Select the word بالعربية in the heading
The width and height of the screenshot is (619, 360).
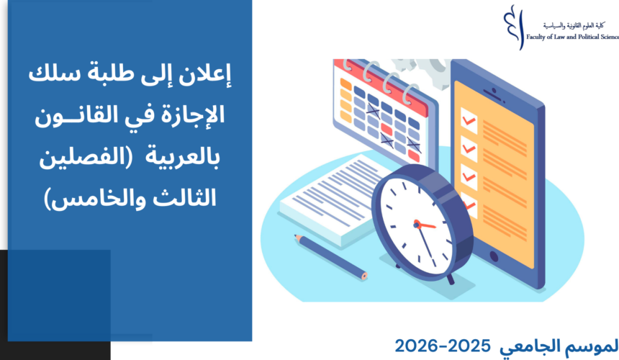[182, 158]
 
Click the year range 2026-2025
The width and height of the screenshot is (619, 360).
[442, 346]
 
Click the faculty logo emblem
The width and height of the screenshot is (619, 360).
[515, 27]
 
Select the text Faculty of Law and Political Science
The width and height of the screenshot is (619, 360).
[572, 37]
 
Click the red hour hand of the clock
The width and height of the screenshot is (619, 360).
[425, 225]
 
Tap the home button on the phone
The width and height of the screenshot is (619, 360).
[494, 257]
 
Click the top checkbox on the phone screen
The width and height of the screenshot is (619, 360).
[469, 120]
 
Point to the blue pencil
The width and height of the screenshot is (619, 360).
[330, 256]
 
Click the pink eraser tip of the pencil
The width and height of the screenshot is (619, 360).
[364, 276]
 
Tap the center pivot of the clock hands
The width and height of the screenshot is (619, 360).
[416, 225]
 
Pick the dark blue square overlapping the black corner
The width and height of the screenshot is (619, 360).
[59, 295]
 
